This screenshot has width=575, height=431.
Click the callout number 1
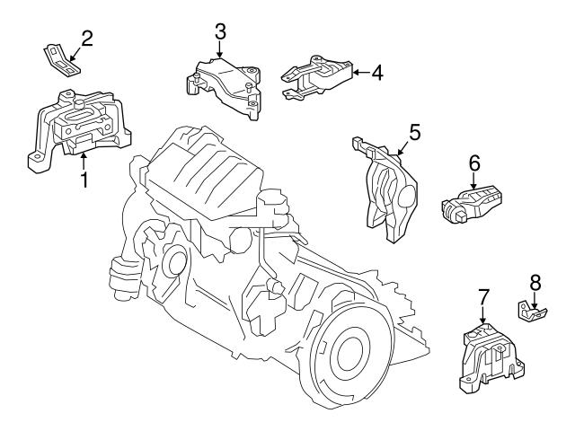point(84,180)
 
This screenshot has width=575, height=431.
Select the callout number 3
point(219,32)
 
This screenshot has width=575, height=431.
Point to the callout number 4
point(377,72)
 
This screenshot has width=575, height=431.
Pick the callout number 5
point(414,131)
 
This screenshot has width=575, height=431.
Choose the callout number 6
point(474,163)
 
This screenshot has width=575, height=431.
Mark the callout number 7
point(482,295)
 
